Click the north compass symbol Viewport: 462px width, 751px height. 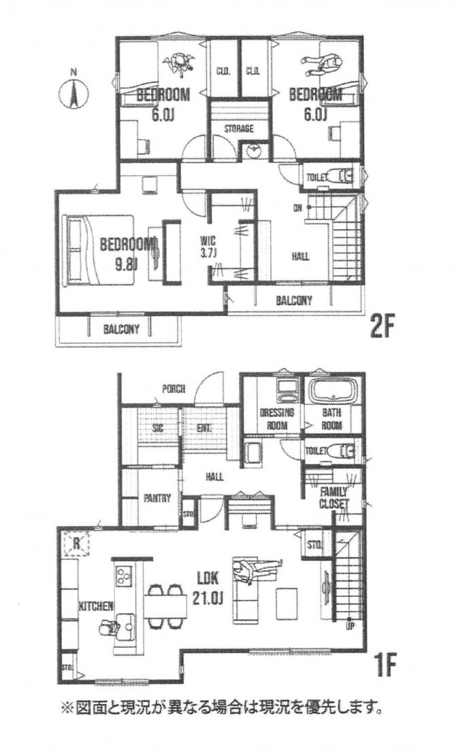pos(73,92)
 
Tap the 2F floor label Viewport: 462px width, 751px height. pos(383,328)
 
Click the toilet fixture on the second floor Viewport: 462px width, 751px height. pos(338,177)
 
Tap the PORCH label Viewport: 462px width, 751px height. pos(174,389)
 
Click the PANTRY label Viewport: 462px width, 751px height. pos(156,499)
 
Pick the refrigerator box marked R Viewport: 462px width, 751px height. pos(77,544)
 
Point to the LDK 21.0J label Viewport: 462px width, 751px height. pos(207,588)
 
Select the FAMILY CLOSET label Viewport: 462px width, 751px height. pos(335,497)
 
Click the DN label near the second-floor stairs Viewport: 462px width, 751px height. pos(298,208)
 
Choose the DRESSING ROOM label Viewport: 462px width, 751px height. pos(277,419)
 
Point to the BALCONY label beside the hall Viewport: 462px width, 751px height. pos(294,300)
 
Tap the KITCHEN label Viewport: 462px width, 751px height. pos(95,604)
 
